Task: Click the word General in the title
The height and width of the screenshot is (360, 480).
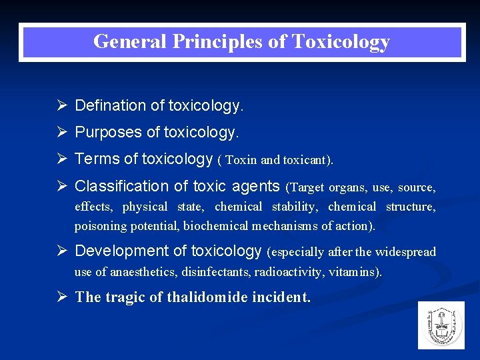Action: pos(130,42)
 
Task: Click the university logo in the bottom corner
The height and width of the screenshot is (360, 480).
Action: pos(441,325)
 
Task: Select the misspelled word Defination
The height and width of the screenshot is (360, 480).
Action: pos(110,105)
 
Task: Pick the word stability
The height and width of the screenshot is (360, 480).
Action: pos(290,207)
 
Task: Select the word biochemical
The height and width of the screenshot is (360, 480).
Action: pos(215,226)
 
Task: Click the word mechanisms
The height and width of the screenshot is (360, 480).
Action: pos(285,226)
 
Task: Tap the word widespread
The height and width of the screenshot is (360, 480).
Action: pos(405,252)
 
